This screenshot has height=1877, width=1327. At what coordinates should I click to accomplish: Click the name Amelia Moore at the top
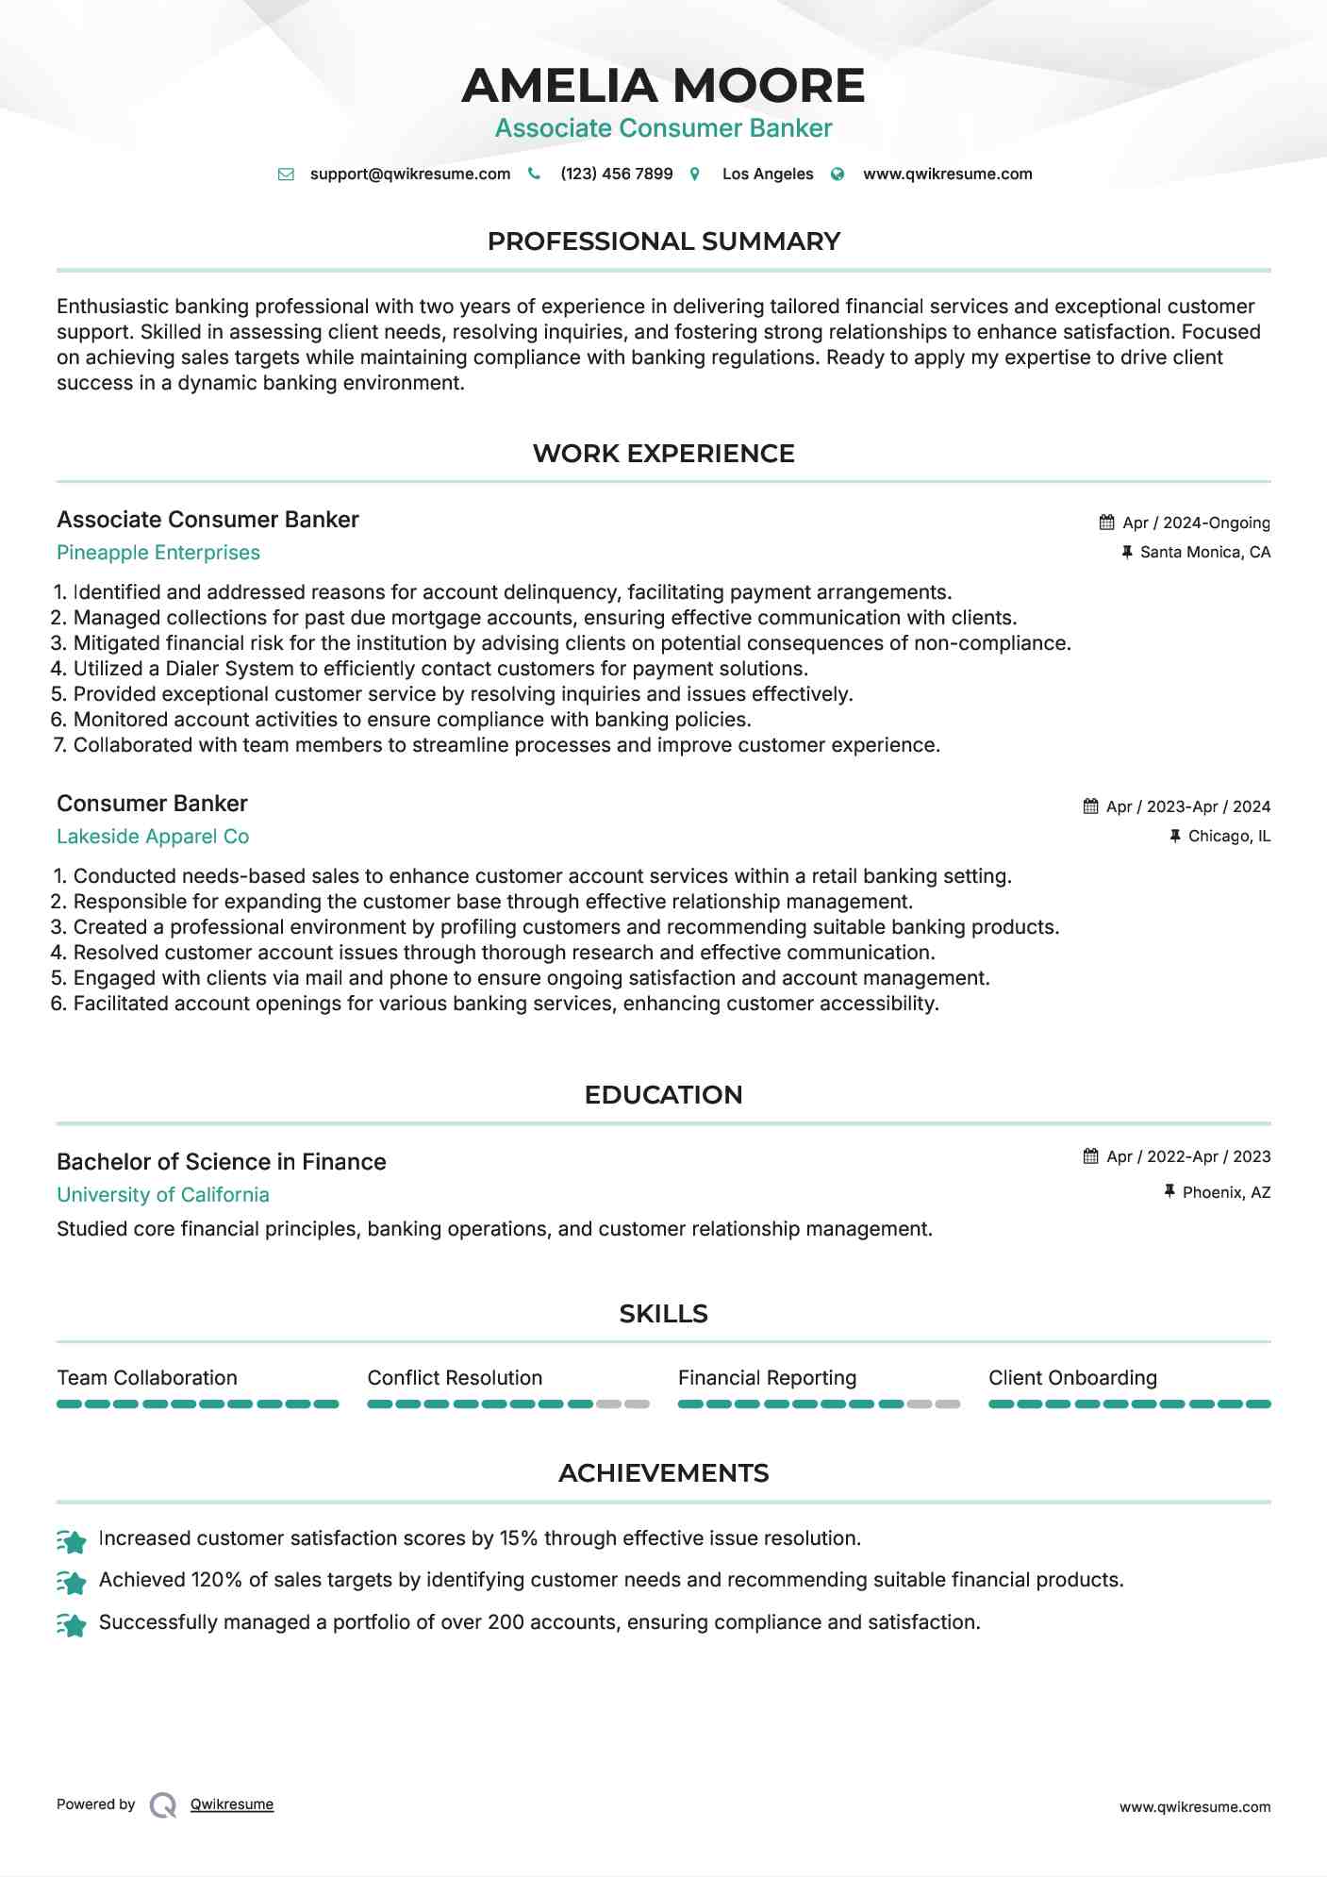(663, 86)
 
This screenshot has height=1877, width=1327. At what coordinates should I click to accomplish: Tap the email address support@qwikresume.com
(409, 174)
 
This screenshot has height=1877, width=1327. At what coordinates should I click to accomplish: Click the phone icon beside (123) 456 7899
(534, 174)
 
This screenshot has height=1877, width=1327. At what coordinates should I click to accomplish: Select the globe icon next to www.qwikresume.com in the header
(838, 174)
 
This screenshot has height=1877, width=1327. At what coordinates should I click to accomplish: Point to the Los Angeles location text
(767, 174)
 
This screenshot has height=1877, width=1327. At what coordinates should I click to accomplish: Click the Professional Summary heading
(663, 241)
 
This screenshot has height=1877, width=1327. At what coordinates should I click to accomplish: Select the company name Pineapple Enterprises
(158, 553)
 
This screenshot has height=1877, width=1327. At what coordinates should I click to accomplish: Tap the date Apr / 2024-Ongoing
(1195, 523)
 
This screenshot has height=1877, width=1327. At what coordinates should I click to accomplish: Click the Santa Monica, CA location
(1204, 552)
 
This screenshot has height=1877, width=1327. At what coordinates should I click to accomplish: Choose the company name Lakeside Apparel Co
(153, 837)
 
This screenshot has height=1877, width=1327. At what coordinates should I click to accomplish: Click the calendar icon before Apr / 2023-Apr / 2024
(1091, 806)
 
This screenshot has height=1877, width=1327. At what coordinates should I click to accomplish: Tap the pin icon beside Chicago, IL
(1175, 836)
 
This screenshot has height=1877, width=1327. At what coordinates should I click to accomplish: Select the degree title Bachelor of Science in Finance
(222, 1162)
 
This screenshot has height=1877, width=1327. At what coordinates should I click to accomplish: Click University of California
(163, 1195)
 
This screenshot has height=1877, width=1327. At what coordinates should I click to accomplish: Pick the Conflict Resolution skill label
(455, 1378)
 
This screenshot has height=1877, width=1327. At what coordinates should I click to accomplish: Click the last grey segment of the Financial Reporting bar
(948, 1404)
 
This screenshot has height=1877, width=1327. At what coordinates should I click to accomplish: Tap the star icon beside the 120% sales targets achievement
(72, 1582)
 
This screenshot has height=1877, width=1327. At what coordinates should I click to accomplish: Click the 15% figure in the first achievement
(518, 1538)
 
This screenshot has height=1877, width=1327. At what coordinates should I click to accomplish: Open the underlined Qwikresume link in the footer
(232, 1804)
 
